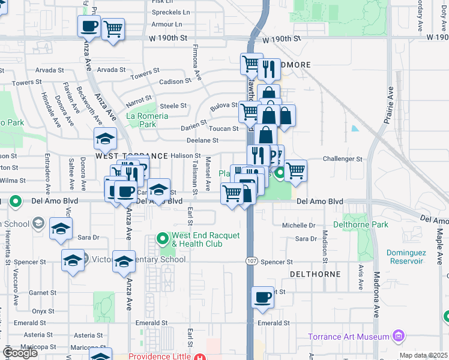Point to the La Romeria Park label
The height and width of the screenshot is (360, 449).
click(141, 120)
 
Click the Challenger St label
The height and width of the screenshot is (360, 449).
click(342, 159)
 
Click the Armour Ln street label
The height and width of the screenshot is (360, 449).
click(166, 24)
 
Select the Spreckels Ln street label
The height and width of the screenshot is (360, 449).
click(170, 11)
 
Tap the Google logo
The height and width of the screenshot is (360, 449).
click(20, 353)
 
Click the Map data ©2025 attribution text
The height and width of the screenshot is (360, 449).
click(423, 355)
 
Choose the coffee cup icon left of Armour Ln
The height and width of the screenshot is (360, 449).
click(89, 26)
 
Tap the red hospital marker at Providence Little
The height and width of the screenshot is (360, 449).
click(199, 356)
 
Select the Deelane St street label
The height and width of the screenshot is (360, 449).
click(202, 140)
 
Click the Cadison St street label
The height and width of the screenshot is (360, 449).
click(174, 82)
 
